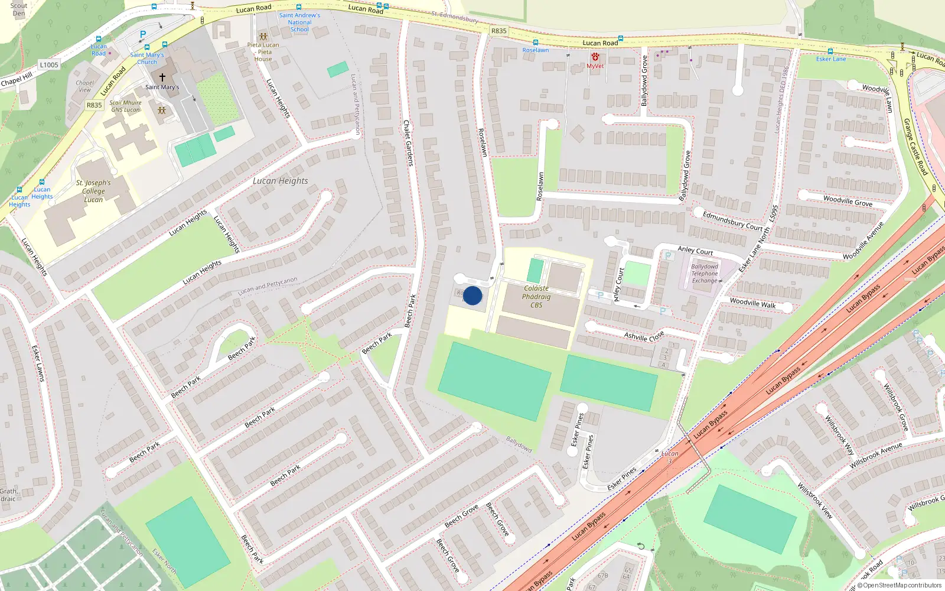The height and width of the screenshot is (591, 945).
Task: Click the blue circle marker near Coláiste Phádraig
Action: [472, 295]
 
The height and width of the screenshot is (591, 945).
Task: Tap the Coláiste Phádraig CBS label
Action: [536, 297]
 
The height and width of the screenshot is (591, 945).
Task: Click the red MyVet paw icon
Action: [595, 57]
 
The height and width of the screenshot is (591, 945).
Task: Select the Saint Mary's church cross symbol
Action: [162, 77]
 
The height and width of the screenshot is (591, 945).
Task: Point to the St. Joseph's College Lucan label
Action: [93, 191]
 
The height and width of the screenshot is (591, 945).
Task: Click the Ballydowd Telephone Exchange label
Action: [705, 274]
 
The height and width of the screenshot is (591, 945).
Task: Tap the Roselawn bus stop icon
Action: [535, 43]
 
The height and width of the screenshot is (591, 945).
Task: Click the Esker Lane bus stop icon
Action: [830, 51]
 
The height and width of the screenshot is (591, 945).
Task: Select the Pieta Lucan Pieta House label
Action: [263, 52]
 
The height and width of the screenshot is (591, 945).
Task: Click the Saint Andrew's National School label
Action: [299, 22]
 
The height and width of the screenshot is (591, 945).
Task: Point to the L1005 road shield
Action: [49, 64]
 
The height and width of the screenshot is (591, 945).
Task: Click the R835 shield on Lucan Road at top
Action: [499, 31]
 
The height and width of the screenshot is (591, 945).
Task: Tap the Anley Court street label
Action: [695, 251]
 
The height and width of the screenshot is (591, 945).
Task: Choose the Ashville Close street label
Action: [644, 336]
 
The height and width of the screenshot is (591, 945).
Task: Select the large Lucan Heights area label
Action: [280, 181]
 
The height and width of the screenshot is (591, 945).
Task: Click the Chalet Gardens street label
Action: [408, 142]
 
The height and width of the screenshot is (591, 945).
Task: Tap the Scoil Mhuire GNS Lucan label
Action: [125, 106]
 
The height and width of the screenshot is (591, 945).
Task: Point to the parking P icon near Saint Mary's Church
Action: [142, 35]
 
